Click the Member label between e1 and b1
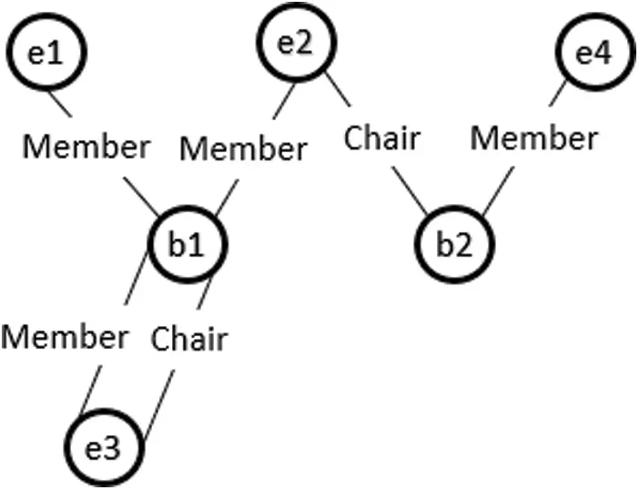tap(86, 145)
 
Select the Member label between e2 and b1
tap(243, 148)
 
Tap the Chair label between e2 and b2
tap(381, 138)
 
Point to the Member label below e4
tap(534, 138)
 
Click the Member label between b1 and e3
tap(65, 337)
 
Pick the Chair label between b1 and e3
tap(188, 339)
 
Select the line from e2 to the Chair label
tap(338, 88)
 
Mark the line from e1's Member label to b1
tap(140, 193)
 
